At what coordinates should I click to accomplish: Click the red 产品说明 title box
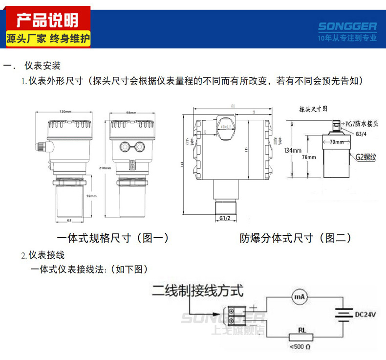[47, 20]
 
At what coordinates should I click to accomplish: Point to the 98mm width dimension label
[131, 112]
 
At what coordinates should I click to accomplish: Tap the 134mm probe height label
[292, 151]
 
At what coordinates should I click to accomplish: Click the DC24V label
[365, 314]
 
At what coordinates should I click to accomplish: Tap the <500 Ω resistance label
[299, 347]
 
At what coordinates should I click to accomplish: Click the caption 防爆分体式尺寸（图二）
[296, 238]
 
